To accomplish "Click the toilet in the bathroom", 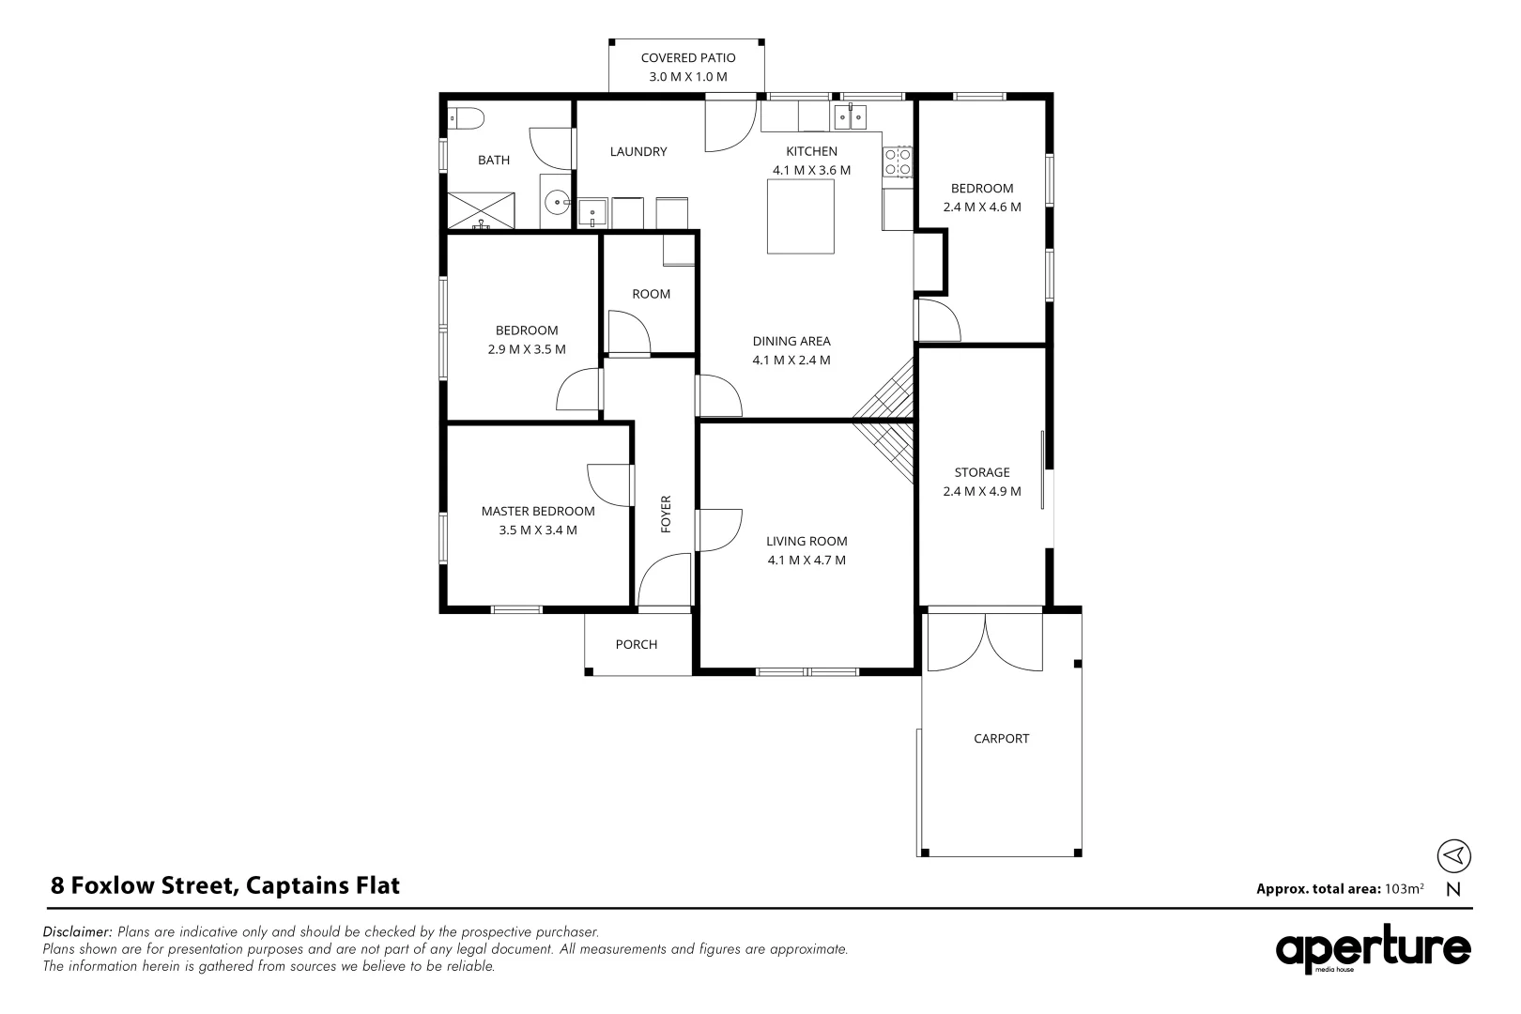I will [x=465, y=118].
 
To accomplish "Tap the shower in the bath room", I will [x=481, y=209].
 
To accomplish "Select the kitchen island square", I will [x=800, y=216].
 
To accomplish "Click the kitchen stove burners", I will [x=898, y=161].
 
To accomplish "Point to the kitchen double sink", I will [x=851, y=117].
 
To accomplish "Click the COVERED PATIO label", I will [x=687, y=58].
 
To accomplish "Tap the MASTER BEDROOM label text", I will [x=538, y=512].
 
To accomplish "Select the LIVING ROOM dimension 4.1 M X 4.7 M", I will [x=807, y=561].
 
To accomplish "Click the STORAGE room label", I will [x=982, y=472].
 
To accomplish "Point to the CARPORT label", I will [x=1001, y=739].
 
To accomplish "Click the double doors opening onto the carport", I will [x=985, y=641].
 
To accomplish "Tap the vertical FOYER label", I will [x=667, y=514].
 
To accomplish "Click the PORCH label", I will [x=637, y=645].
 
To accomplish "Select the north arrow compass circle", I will [x=1453, y=855].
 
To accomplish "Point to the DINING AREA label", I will [x=791, y=342].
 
